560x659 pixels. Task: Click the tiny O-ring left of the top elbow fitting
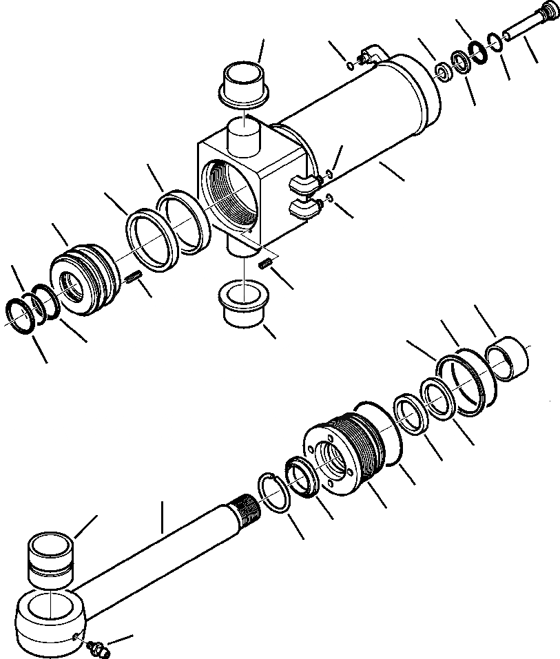click(351, 66)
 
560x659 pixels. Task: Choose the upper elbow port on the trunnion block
click(304, 182)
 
